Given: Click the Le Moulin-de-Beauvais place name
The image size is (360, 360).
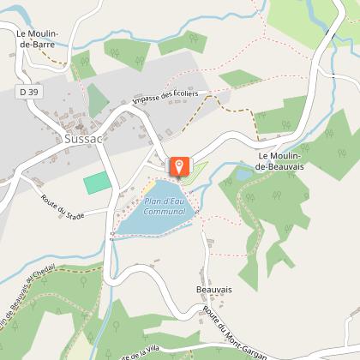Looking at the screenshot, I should pos(288,160).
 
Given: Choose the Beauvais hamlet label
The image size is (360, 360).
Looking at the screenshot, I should pos(213,290).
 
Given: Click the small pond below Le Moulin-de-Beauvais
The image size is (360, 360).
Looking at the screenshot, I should pos(244,175).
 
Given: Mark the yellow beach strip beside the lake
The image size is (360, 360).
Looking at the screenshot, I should pos(148,186).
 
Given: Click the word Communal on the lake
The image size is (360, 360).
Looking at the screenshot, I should pos(165,211).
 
